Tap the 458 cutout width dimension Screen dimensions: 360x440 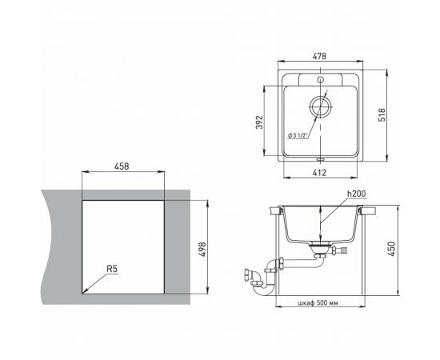122,167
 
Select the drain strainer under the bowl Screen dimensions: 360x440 319,250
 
